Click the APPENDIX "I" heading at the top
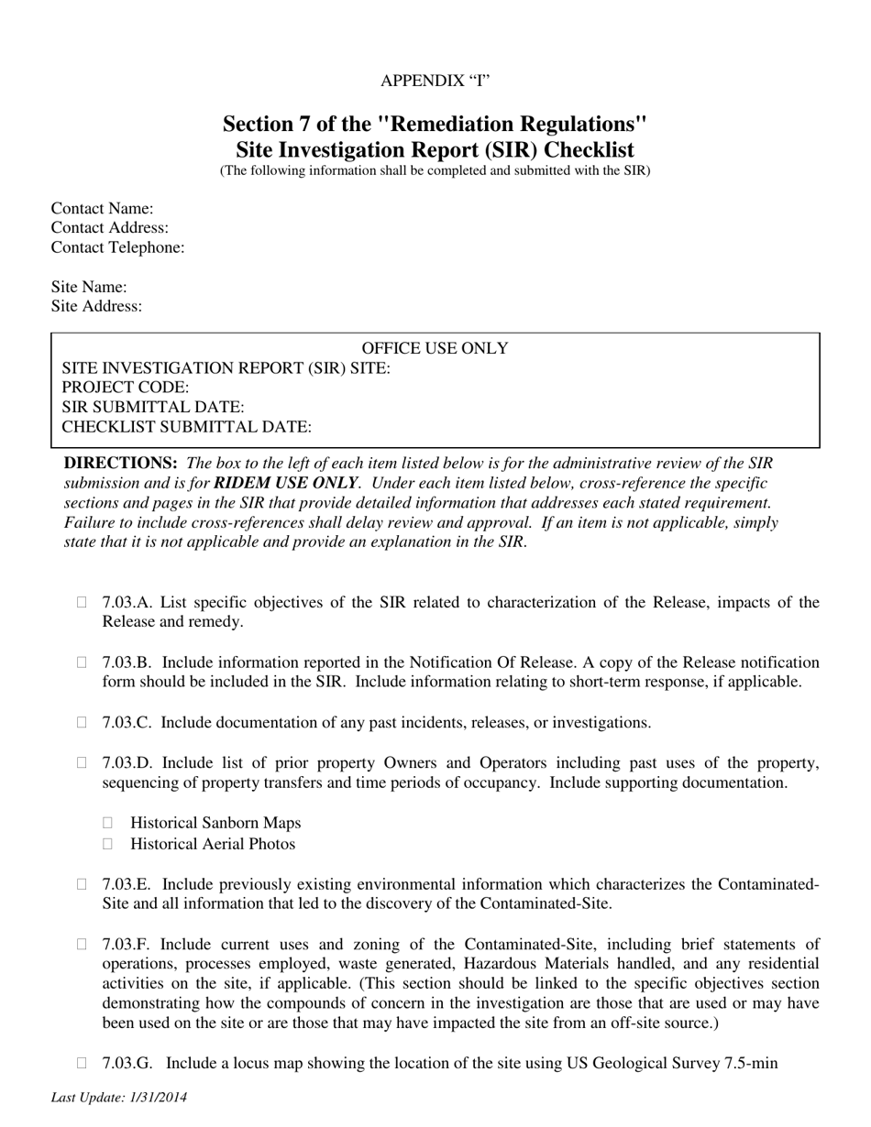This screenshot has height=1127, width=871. click(435, 81)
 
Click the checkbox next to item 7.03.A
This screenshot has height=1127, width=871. click(83, 602)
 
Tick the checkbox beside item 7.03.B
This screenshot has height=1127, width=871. click(83, 662)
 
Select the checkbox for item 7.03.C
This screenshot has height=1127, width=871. click(83, 722)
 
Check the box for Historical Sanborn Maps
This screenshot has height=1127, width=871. click(110, 823)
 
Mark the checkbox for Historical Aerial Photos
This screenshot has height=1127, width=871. click(110, 843)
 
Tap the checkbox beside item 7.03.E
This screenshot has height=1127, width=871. click(83, 884)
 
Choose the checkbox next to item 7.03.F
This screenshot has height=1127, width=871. click(83, 944)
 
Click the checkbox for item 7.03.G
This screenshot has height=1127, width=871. click(83, 1063)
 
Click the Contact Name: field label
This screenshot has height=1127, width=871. click(102, 209)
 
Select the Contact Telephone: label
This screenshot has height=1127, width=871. click(117, 247)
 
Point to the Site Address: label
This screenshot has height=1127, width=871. click(96, 306)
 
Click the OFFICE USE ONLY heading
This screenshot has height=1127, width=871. click(435, 348)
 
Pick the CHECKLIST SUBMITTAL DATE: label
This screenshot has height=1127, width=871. click(186, 426)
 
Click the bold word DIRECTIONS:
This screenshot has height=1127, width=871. click(120, 463)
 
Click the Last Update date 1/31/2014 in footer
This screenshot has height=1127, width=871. click(157, 1097)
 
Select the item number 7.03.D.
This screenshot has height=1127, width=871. click(128, 763)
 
